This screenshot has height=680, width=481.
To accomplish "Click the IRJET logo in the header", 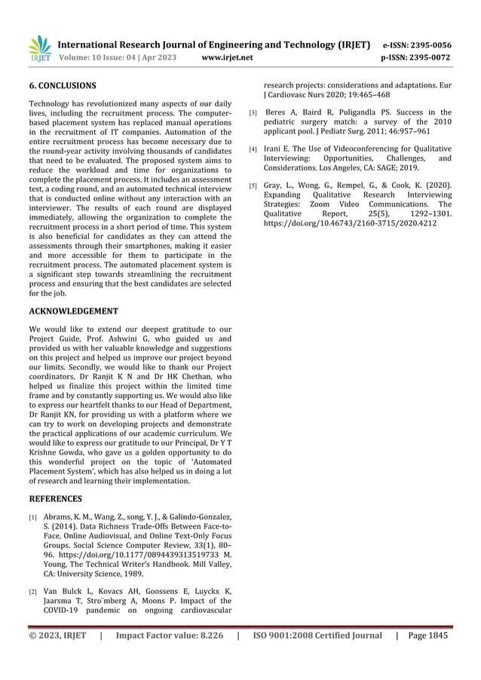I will point(38,47).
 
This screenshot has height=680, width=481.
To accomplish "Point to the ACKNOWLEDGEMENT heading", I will point(73,311).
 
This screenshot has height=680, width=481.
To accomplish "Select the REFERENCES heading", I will point(56,498).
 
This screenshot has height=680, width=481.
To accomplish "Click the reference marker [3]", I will point(253,114).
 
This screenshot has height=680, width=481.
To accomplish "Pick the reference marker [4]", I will point(253,149).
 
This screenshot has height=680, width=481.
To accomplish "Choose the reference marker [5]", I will point(253,185).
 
